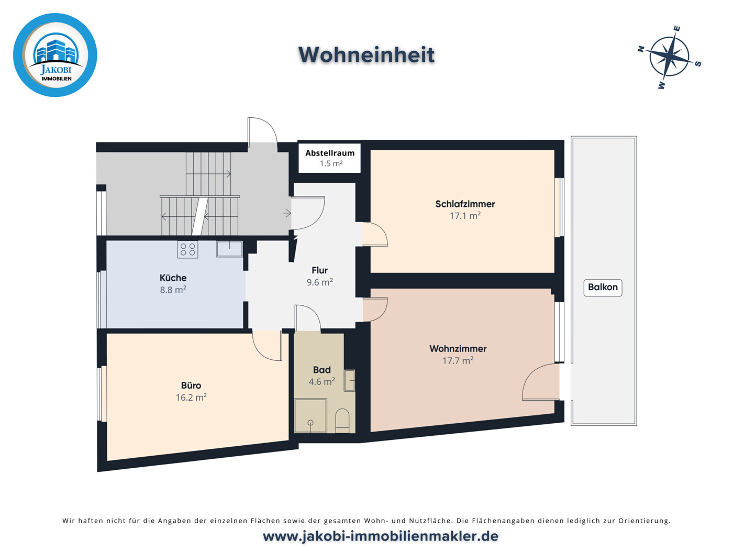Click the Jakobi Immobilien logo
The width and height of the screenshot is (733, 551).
click(x=55, y=55)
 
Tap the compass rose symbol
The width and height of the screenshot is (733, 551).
click(x=670, y=57)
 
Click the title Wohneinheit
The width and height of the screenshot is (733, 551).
click(x=366, y=55)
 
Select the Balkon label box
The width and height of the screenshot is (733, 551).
click(x=603, y=288)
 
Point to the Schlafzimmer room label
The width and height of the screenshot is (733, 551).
click(x=465, y=204)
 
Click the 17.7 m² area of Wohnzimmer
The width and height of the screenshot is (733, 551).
click(x=458, y=360)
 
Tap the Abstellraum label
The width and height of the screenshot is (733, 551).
click(x=330, y=153)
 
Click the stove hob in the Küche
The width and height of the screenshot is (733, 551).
click(x=188, y=249)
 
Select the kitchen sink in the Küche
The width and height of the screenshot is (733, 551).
click(x=229, y=248)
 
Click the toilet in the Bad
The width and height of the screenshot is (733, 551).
click(x=342, y=420)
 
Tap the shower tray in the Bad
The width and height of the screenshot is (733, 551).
click(x=310, y=416)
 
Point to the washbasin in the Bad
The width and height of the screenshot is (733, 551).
click(x=349, y=380)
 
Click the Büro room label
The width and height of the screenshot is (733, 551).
click(x=191, y=385)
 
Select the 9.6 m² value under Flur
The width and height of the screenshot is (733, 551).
click(x=319, y=282)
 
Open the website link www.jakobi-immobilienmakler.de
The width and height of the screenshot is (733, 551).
click(x=380, y=536)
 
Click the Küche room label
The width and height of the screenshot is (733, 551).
click(x=173, y=278)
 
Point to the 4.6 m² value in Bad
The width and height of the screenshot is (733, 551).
click(x=321, y=382)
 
